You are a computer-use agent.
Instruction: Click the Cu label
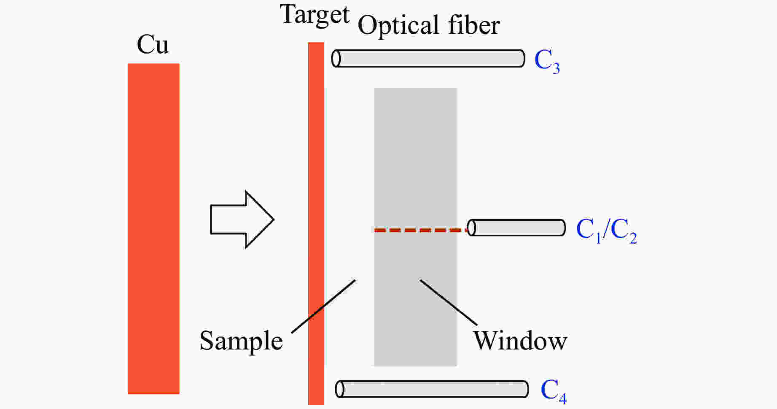click(x=153, y=45)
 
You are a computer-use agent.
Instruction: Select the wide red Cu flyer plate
click(x=153, y=228)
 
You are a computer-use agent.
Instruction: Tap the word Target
click(x=315, y=15)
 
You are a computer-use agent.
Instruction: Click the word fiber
click(x=474, y=25)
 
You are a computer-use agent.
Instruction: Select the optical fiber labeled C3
click(x=428, y=59)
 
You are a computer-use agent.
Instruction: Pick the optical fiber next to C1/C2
click(x=516, y=228)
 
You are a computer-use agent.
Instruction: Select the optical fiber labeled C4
click(x=432, y=389)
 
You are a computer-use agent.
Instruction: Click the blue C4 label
click(x=553, y=391)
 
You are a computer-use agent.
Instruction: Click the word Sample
click(x=241, y=341)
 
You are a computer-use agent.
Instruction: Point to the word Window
click(x=520, y=341)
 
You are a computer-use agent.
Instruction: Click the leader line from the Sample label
click(x=323, y=306)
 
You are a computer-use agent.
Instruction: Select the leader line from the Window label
click(x=448, y=302)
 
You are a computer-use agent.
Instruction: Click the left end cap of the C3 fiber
click(x=336, y=59)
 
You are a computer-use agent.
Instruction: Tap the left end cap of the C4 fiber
click(x=339, y=389)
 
